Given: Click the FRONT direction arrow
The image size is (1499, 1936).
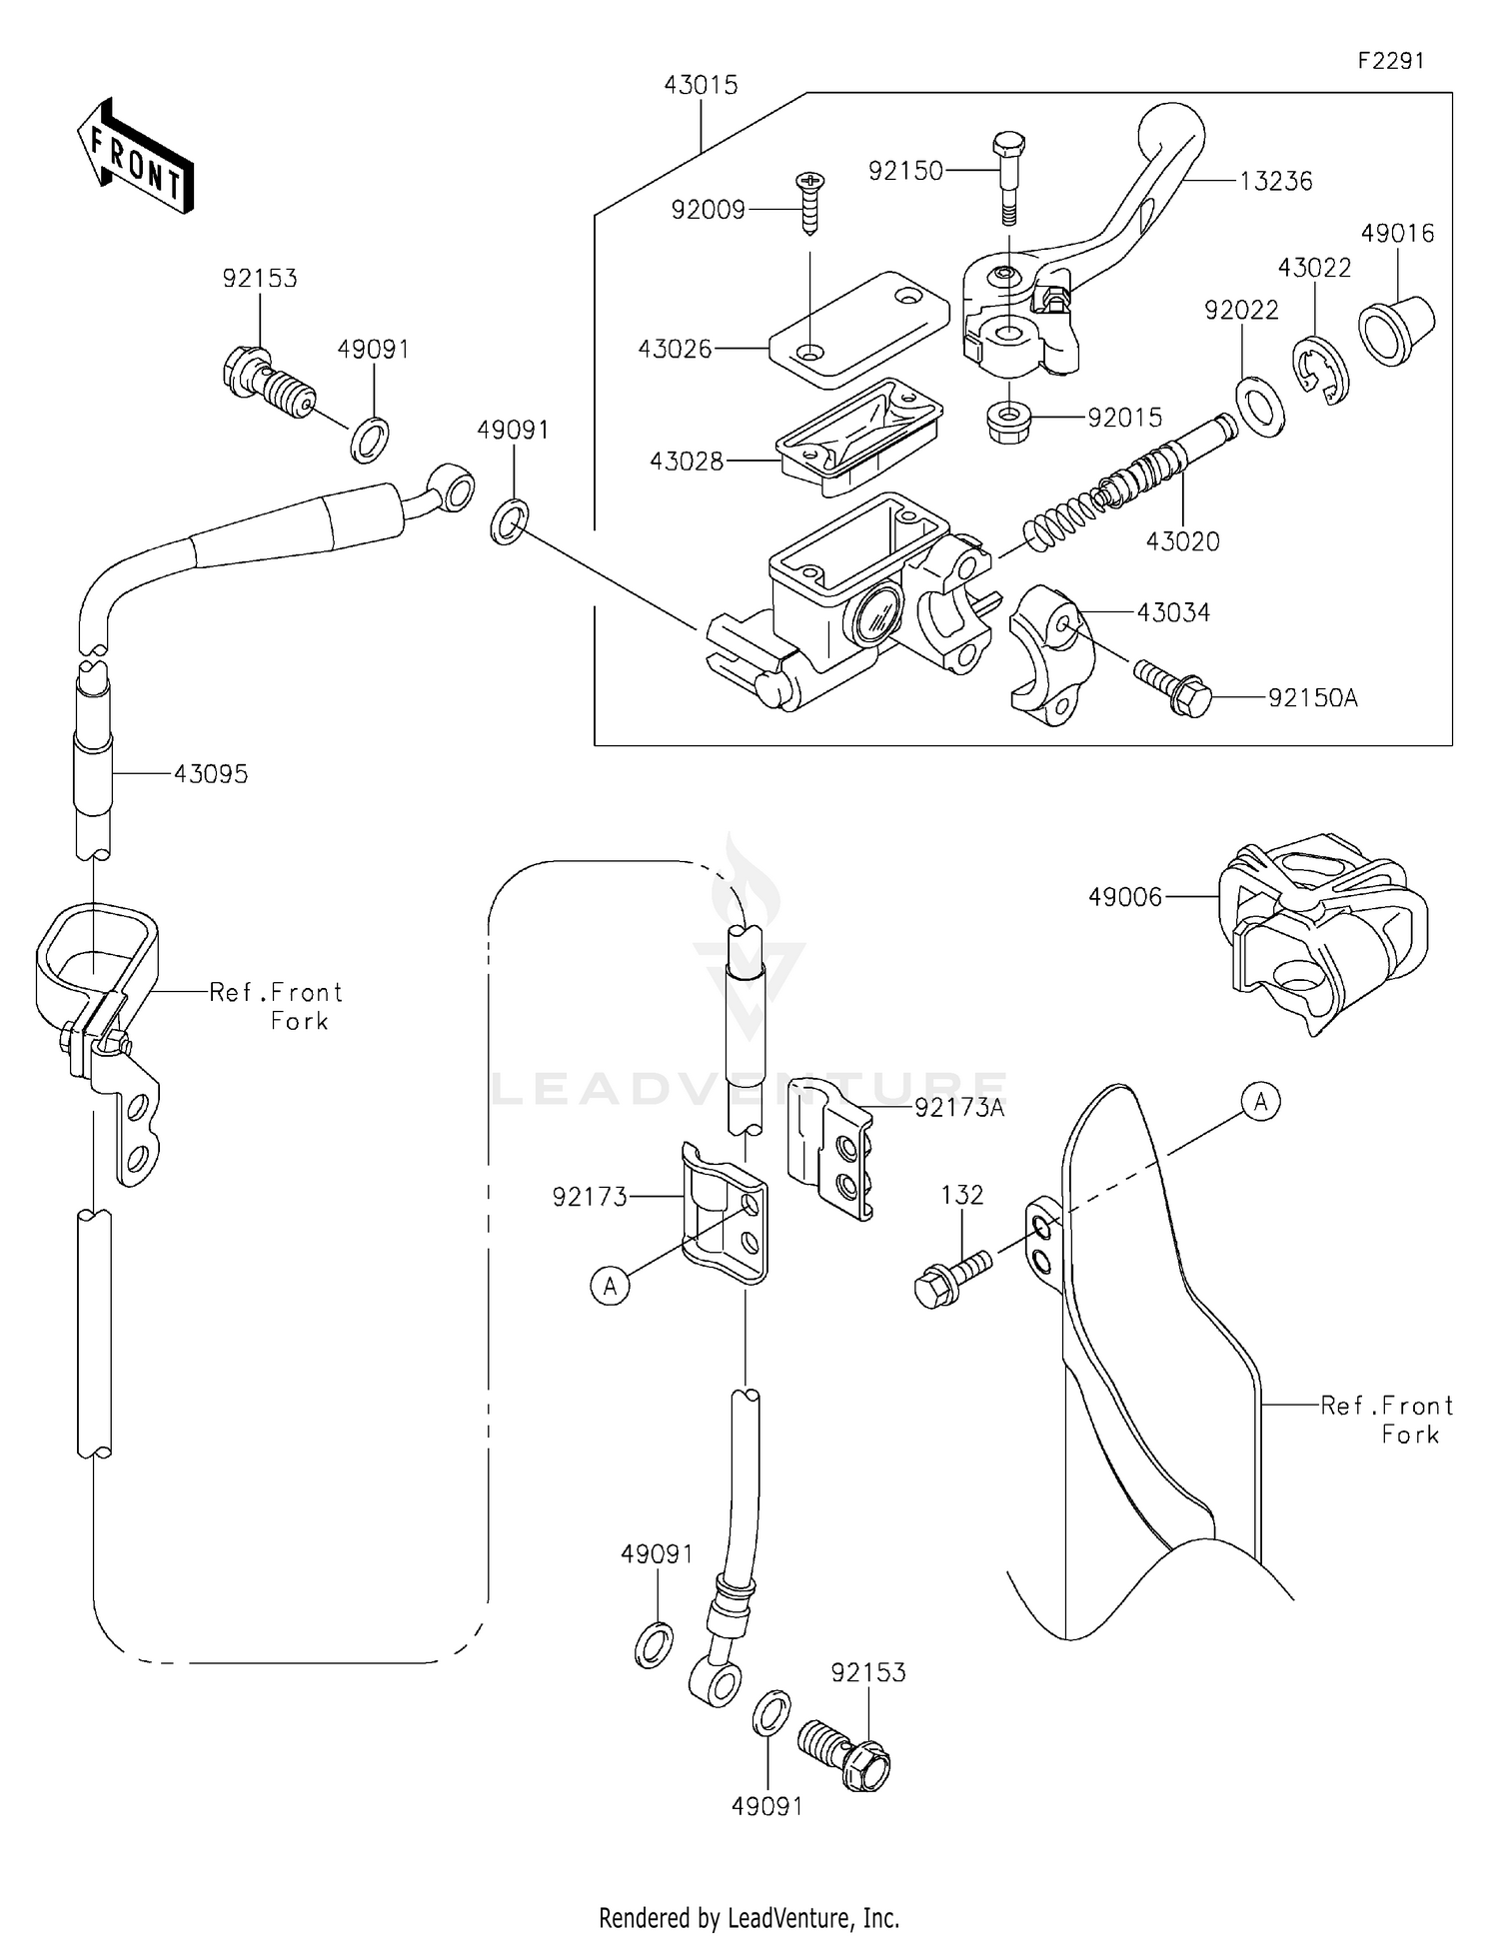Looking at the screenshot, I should [x=135, y=157].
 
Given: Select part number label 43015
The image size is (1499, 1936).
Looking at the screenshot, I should [x=701, y=86].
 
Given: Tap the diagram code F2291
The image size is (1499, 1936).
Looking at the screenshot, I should [x=1390, y=61].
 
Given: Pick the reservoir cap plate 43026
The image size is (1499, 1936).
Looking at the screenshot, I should [x=859, y=329].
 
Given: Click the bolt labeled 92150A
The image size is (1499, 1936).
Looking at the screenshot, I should [x=1173, y=688].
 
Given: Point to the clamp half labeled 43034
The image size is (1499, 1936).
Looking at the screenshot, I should [x=1050, y=654].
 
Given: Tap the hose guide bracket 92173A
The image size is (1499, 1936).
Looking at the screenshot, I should [x=829, y=1150].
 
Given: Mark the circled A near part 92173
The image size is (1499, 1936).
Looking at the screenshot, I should [x=610, y=1286].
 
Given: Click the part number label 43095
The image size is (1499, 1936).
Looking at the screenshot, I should [x=211, y=774].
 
